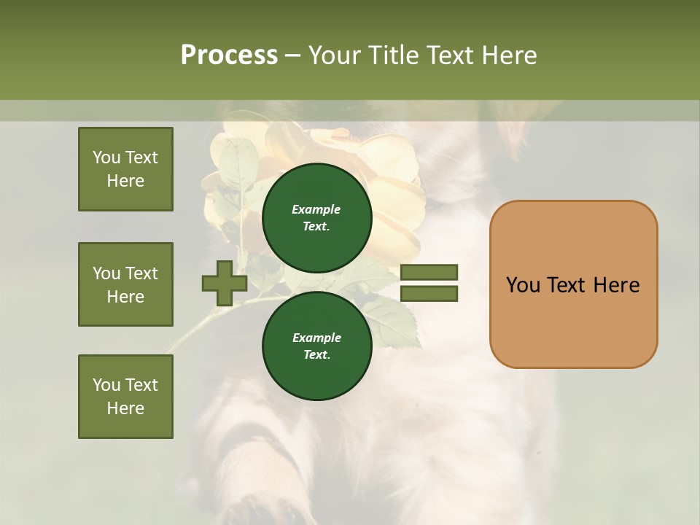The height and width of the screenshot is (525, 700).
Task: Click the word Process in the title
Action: (x=229, y=55)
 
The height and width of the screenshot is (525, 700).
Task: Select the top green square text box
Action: (x=125, y=169)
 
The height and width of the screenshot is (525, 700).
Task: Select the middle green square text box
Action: (x=125, y=284)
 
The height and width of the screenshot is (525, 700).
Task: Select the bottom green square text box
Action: (x=125, y=397)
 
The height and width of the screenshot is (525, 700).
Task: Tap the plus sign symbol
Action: (x=225, y=284)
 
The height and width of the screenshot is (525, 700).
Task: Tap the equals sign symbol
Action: (x=429, y=283)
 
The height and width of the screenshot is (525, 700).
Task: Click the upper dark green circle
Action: (x=317, y=217)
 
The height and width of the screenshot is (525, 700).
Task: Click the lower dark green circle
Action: (x=317, y=346)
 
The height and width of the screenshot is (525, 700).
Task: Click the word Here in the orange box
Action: (x=616, y=285)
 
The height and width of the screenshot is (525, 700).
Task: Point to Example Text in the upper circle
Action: (x=316, y=218)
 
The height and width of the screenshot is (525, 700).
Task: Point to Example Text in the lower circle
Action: (x=316, y=346)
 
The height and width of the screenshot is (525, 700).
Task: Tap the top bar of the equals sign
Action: (x=429, y=273)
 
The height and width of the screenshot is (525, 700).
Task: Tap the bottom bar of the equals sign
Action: (x=429, y=294)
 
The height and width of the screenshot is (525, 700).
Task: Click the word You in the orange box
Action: (x=524, y=285)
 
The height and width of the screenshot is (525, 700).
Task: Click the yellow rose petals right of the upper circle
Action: (x=399, y=211)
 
